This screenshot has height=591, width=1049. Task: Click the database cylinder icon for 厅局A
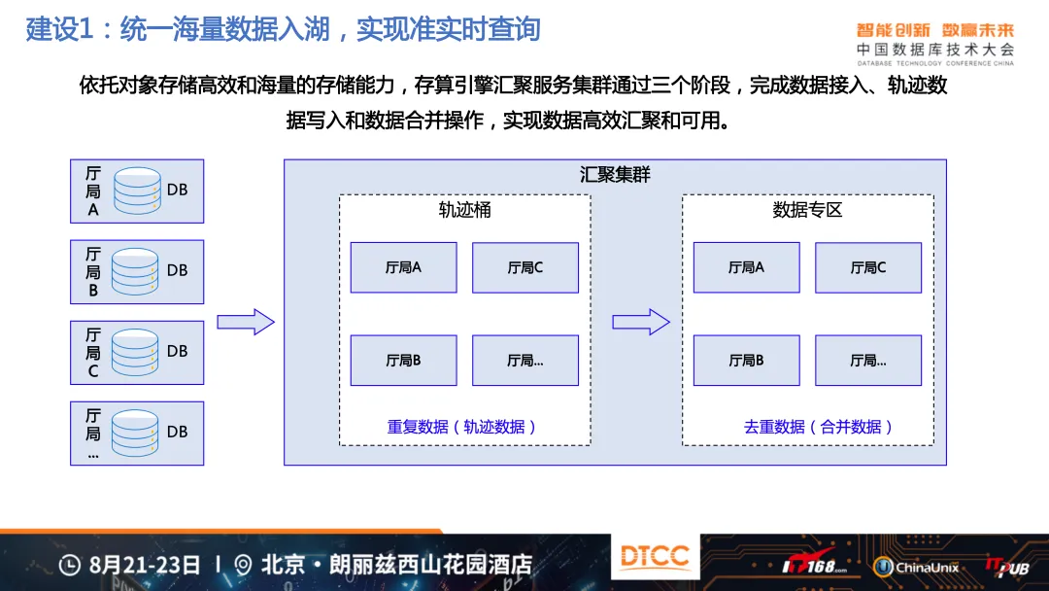coord(137,191)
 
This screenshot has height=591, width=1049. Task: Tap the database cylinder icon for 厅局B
coord(135,272)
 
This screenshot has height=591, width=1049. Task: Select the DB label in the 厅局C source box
coord(178,351)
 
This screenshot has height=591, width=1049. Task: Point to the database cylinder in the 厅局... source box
coord(135,433)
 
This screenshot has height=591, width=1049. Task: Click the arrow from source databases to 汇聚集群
coord(246,322)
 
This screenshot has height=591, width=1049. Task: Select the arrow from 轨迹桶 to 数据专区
coord(641,322)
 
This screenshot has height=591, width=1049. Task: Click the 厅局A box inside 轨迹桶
coord(403,267)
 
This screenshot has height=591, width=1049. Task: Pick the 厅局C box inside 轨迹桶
coord(525,267)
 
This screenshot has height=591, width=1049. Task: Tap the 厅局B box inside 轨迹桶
coord(403,361)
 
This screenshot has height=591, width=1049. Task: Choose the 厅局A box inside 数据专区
coord(747,267)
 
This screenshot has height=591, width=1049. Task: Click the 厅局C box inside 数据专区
coord(868,267)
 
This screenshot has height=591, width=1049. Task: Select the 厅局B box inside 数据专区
coord(747,361)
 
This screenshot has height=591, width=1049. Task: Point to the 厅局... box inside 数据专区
coord(868,361)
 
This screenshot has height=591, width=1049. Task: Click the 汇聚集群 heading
coord(615,175)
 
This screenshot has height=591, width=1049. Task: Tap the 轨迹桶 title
coord(465,210)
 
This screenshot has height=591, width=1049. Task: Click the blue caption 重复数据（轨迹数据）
coord(461,427)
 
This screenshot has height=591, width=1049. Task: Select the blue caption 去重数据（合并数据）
coord(818,427)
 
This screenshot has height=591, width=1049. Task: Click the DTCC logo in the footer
coord(655,556)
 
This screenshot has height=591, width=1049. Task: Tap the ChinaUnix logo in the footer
coord(916,568)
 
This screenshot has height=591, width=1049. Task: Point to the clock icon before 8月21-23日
coord(70,565)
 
